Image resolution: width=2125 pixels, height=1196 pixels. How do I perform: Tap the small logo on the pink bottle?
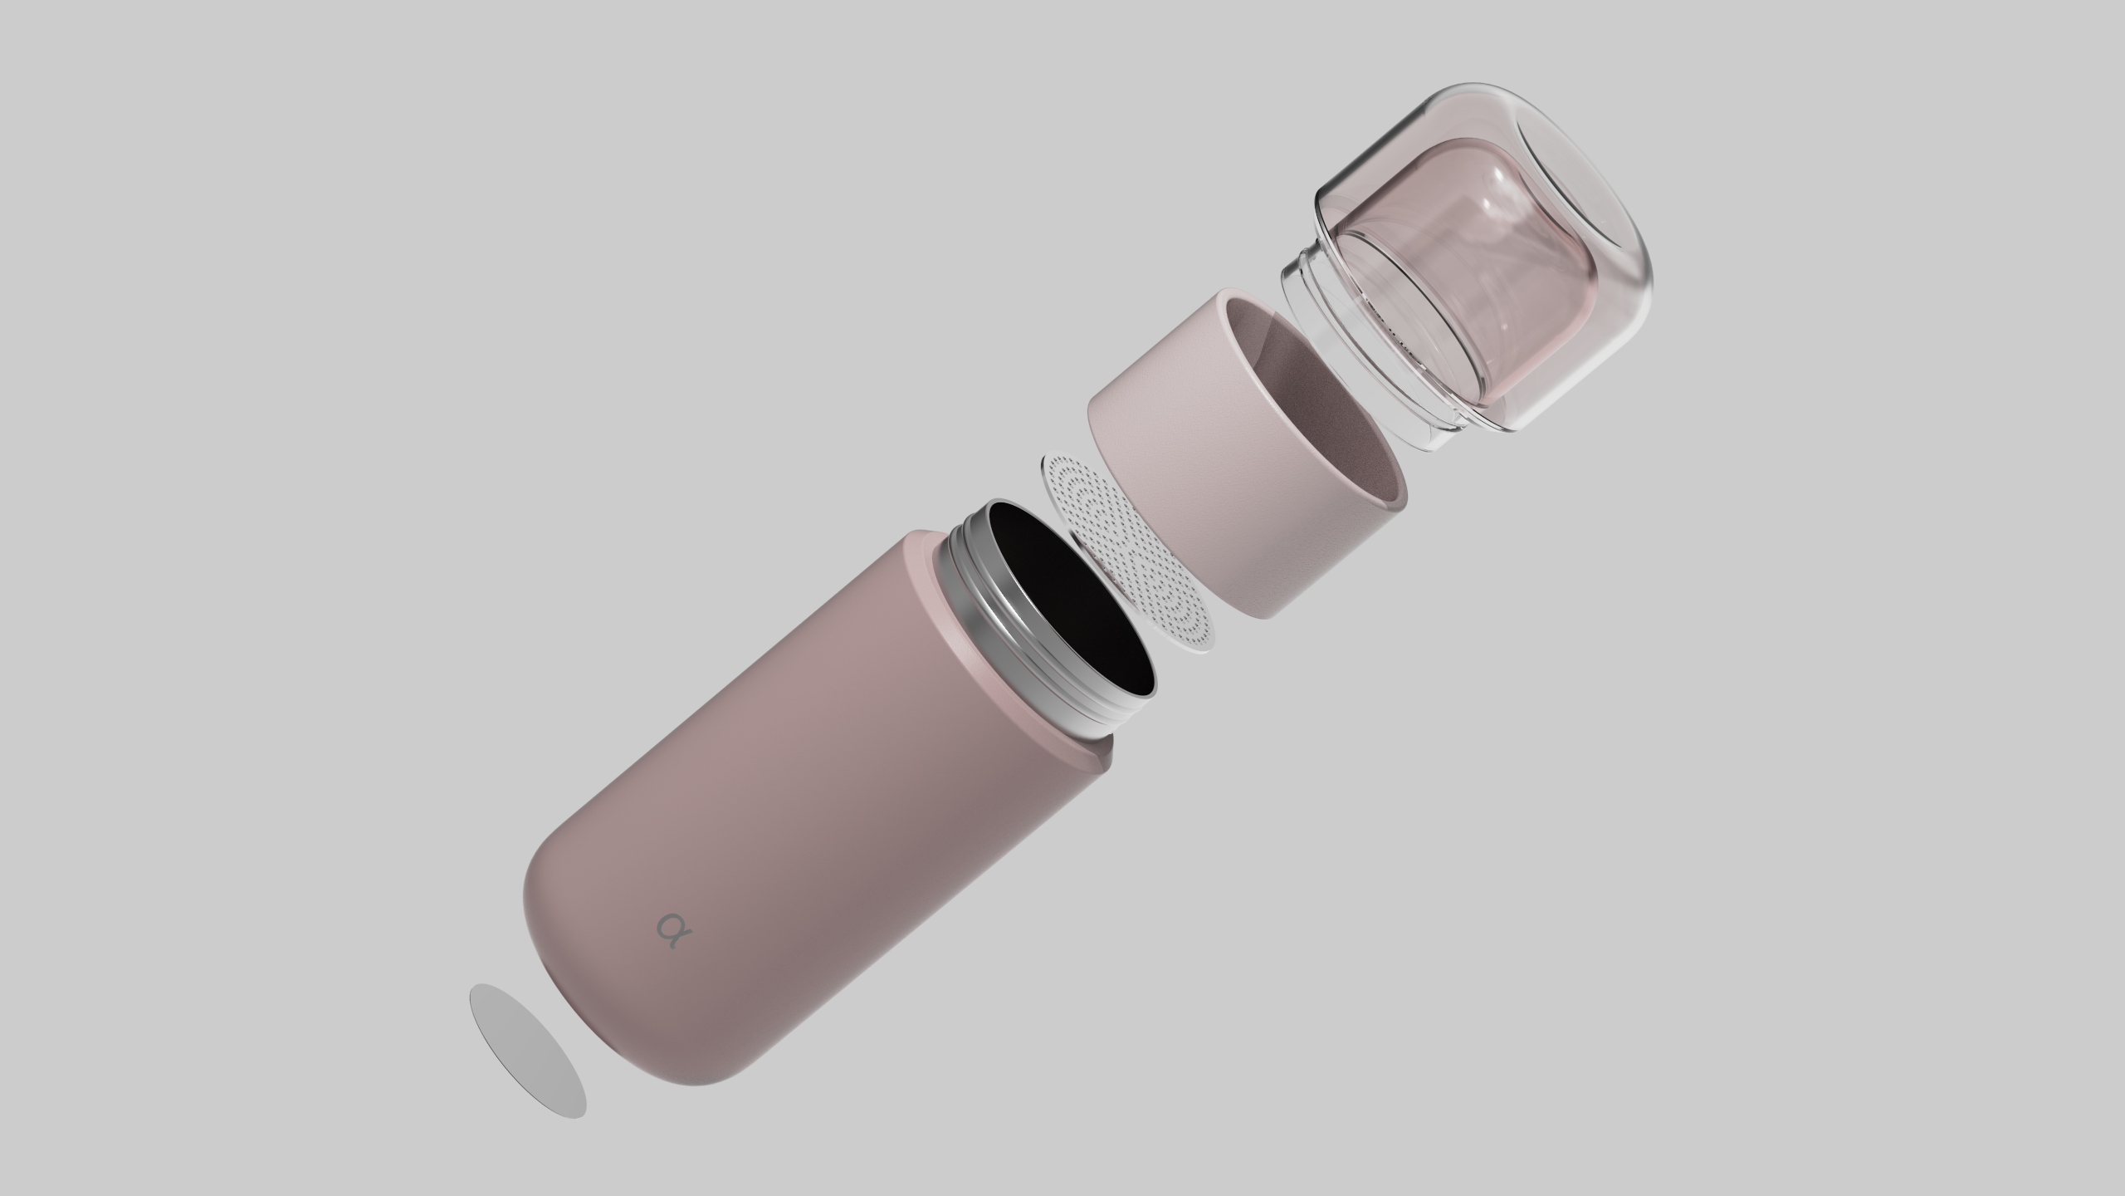click(x=670, y=925)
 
